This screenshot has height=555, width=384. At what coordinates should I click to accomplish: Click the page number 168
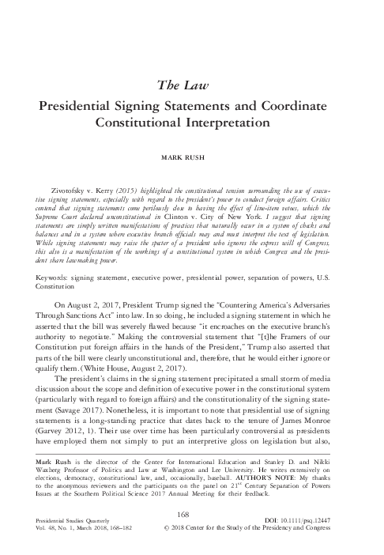191,512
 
